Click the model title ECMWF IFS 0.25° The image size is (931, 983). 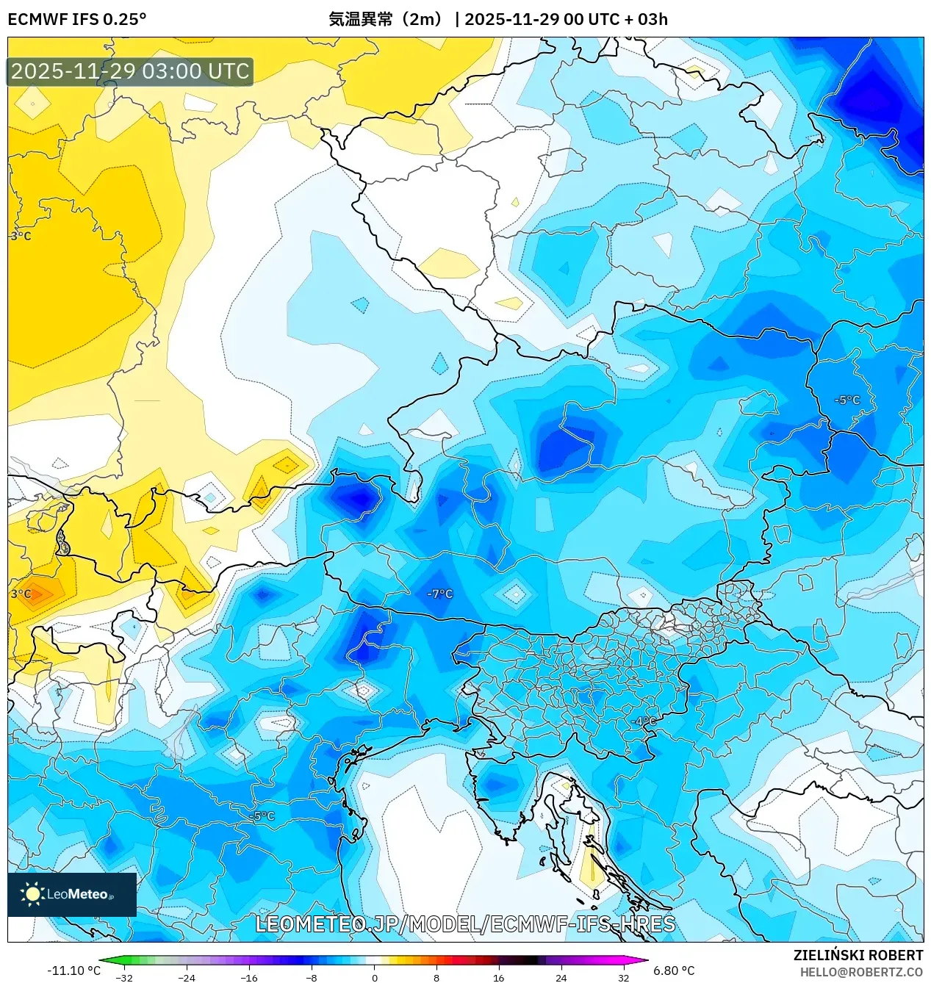click(76, 19)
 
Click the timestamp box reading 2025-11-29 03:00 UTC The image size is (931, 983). click(130, 71)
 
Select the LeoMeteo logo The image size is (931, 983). click(71, 894)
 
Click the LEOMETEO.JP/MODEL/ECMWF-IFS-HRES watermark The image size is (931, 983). click(465, 923)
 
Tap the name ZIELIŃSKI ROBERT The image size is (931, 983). click(858, 955)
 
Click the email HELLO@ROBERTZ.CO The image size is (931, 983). click(861, 972)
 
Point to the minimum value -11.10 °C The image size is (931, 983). click(73, 971)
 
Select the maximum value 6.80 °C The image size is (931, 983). click(674, 971)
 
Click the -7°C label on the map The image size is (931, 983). click(440, 594)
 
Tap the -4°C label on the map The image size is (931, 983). click(644, 721)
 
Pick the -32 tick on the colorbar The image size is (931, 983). click(124, 978)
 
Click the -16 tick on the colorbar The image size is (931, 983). click(249, 978)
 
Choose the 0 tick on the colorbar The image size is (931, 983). click(374, 978)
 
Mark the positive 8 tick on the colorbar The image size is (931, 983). click(436, 978)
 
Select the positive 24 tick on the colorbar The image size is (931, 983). click(561, 978)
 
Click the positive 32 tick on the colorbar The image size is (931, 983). click(623, 978)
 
